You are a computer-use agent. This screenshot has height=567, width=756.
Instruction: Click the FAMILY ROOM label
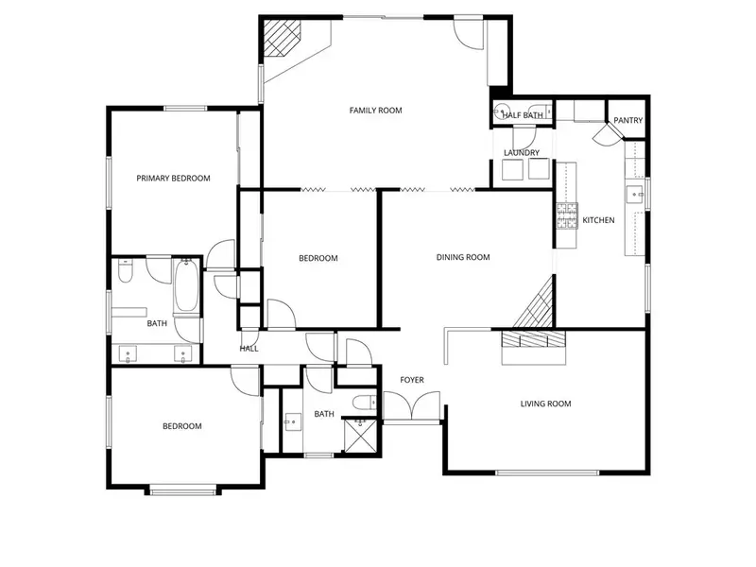pyautogui.click(x=375, y=111)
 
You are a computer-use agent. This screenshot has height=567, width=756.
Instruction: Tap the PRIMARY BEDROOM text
pyautogui.click(x=173, y=178)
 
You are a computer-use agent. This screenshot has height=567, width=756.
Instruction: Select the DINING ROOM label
pyautogui.click(x=463, y=257)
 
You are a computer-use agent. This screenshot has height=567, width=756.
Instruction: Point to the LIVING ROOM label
pyautogui.click(x=545, y=404)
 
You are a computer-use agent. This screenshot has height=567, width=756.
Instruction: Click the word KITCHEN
pyautogui.click(x=598, y=220)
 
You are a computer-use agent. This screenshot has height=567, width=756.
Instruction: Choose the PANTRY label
pyautogui.click(x=627, y=121)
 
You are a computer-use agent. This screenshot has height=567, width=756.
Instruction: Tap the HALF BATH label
pyautogui.click(x=523, y=115)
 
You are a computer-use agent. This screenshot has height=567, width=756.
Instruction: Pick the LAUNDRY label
pyautogui.click(x=522, y=153)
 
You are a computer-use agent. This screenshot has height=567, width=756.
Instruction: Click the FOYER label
pyautogui.click(x=412, y=380)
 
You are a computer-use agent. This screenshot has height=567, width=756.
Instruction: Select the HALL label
pyautogui.click(x=249, y=349)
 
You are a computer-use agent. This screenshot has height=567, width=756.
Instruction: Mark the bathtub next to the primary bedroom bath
pyautogui.click(x=186, y=288)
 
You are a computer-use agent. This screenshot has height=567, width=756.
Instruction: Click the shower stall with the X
pyautogui.click(x=357, y=435)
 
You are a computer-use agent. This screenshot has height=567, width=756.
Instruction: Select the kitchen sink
pyautogui.click(x=632, y=196)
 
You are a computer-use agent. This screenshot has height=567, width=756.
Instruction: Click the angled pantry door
pyautogui.click(x=602, y=136)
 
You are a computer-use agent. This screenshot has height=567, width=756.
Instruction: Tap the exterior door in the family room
pyautogui.click(x=467, y=31)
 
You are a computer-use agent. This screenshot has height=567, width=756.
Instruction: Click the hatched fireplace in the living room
pyautogui.click(x=532, y=342)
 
